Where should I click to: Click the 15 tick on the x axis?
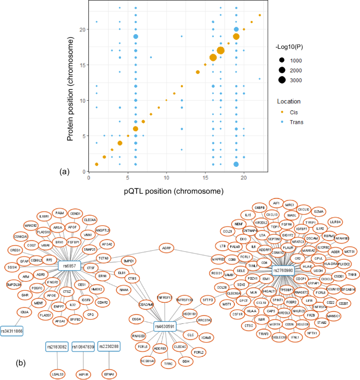click(x=205, y=179)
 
